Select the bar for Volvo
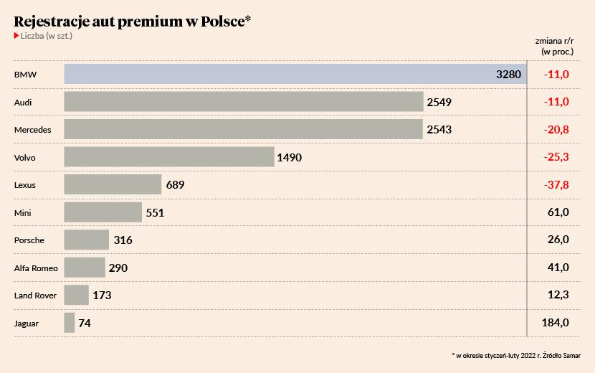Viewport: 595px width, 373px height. coord(169,157)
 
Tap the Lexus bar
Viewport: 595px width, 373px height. coord(113,185)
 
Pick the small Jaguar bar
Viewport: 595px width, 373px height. coord(70,323)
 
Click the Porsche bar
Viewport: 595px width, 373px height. coord(87,240)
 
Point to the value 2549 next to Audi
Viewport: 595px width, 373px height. coord(439,103)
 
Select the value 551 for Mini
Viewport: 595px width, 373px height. coord(156,213)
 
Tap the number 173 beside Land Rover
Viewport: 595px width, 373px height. coord(103,296)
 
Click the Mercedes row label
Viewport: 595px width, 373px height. coord(33,131)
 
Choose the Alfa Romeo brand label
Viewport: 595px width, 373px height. coord(36,268)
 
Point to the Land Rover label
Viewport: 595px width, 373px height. coord(35,296)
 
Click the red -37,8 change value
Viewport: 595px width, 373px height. coord(556,185)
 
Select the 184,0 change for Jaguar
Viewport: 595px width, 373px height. coord(556,324)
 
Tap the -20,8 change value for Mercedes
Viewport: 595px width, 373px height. coord(556,130)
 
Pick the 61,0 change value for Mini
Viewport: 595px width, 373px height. coord(558,213)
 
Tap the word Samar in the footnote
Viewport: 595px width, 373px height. coord(570,355)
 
